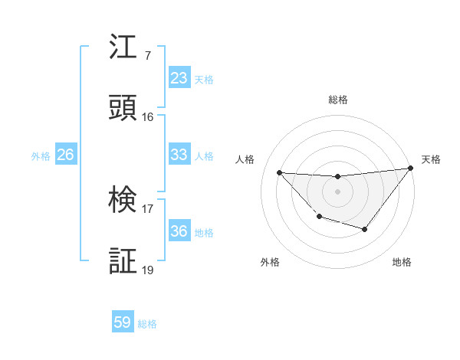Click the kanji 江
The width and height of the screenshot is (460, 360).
click(x=123, y=47)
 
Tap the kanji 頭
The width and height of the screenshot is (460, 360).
click(x=123, y=109)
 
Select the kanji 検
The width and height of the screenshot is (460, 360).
click(x=123, y=201)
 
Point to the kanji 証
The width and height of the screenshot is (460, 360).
click(x=123, y=262)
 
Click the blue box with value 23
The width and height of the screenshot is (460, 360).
click(x=179, y=78)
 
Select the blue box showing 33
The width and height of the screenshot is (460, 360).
click(x=179, y=155)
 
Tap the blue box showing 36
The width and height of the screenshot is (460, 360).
click(x=179, y=232)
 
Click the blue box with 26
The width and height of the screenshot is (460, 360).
click(x=65, y=155)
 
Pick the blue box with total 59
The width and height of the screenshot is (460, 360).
click(x=123, y=322)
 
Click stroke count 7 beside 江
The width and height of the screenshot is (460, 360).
click(x=147, y=56)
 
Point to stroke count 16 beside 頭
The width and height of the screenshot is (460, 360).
click(x=148, y=117)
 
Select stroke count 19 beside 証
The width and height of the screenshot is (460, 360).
click(x=148, y=270)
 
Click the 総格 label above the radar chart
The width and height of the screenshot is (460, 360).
click(x=338, y=100)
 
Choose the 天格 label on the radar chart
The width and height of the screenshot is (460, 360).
click(x=432, y=159)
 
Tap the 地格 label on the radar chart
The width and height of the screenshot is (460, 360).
click(x=402, y=262)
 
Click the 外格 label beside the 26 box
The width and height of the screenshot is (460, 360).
click(x=41, y=156)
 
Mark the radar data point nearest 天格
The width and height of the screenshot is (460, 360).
click(x=409, y=168)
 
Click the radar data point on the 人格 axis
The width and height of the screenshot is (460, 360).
click(x=279, y=172)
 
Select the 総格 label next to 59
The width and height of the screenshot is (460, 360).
click(x=147, y=324)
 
